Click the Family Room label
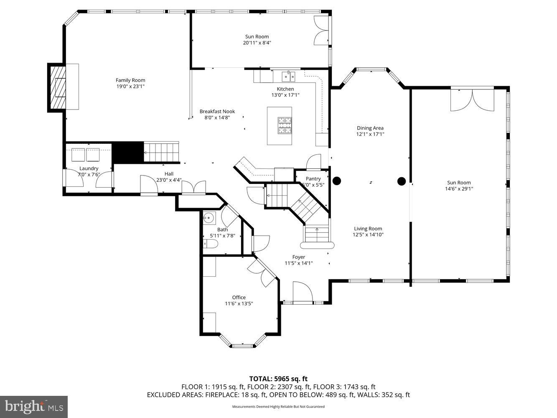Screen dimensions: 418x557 (130, 80)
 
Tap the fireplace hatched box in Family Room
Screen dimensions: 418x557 (58, 88)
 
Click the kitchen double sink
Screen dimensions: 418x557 (288, 76)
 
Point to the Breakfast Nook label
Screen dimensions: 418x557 (217, 112)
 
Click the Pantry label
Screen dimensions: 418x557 (313, 178)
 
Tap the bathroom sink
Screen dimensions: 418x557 (209, 218)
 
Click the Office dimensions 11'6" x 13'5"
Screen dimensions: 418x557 (239, 304)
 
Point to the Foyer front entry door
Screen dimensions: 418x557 (303, 292)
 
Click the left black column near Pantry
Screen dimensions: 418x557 (336, 181)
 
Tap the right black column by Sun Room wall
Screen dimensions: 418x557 (401, 181)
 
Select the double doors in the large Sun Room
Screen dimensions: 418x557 (472, 100)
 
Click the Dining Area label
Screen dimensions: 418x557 (370, 128)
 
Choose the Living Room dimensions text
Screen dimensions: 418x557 (368, 235)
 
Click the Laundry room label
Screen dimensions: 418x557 (89, 168)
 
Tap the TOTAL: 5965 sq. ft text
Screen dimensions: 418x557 (278, 379)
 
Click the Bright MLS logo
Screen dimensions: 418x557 (34, 407)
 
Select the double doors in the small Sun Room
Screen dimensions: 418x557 (321, 31)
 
